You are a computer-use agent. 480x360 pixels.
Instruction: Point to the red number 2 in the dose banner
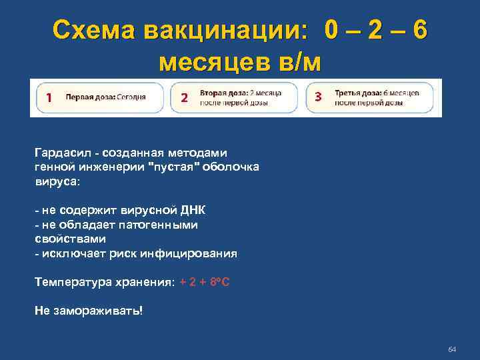[185, 98]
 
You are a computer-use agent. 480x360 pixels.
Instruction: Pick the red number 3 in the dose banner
[318, 97]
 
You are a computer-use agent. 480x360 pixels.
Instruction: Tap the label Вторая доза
[219, 93]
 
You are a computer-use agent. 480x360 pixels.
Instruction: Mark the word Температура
[71, 283]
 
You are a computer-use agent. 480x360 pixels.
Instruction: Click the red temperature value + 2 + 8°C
[205, 283]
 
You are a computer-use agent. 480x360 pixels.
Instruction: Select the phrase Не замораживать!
[89, 311]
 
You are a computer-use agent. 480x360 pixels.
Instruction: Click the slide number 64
[451, 349]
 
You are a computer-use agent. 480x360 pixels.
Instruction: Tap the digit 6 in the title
[419, 30]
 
